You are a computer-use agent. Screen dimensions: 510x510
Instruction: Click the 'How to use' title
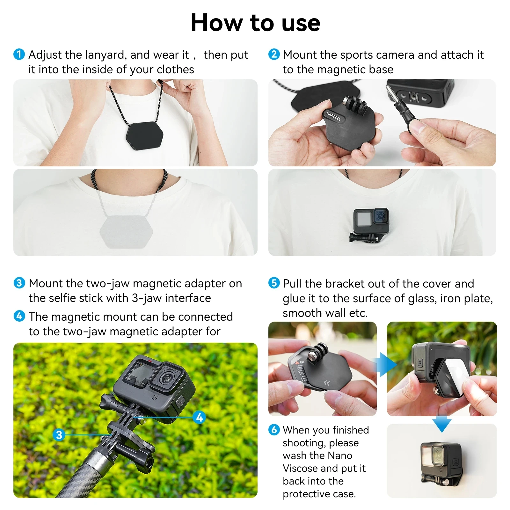click(x=255, y=23)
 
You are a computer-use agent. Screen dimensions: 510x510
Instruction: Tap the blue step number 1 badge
click(x=19, y=54)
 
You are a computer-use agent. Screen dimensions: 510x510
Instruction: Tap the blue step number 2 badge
click(x=274, y=54)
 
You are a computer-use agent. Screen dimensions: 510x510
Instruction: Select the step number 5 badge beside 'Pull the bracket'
click(x=274, y=283)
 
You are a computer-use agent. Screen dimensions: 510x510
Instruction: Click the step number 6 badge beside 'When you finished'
click(x=274, y=429)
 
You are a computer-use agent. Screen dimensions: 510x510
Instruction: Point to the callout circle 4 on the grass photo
click(x=200, y=417)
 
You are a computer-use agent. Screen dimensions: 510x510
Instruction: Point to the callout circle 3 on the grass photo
click(x=59, y=435)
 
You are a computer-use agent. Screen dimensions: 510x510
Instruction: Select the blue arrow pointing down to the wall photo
click(x=442, y=424)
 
